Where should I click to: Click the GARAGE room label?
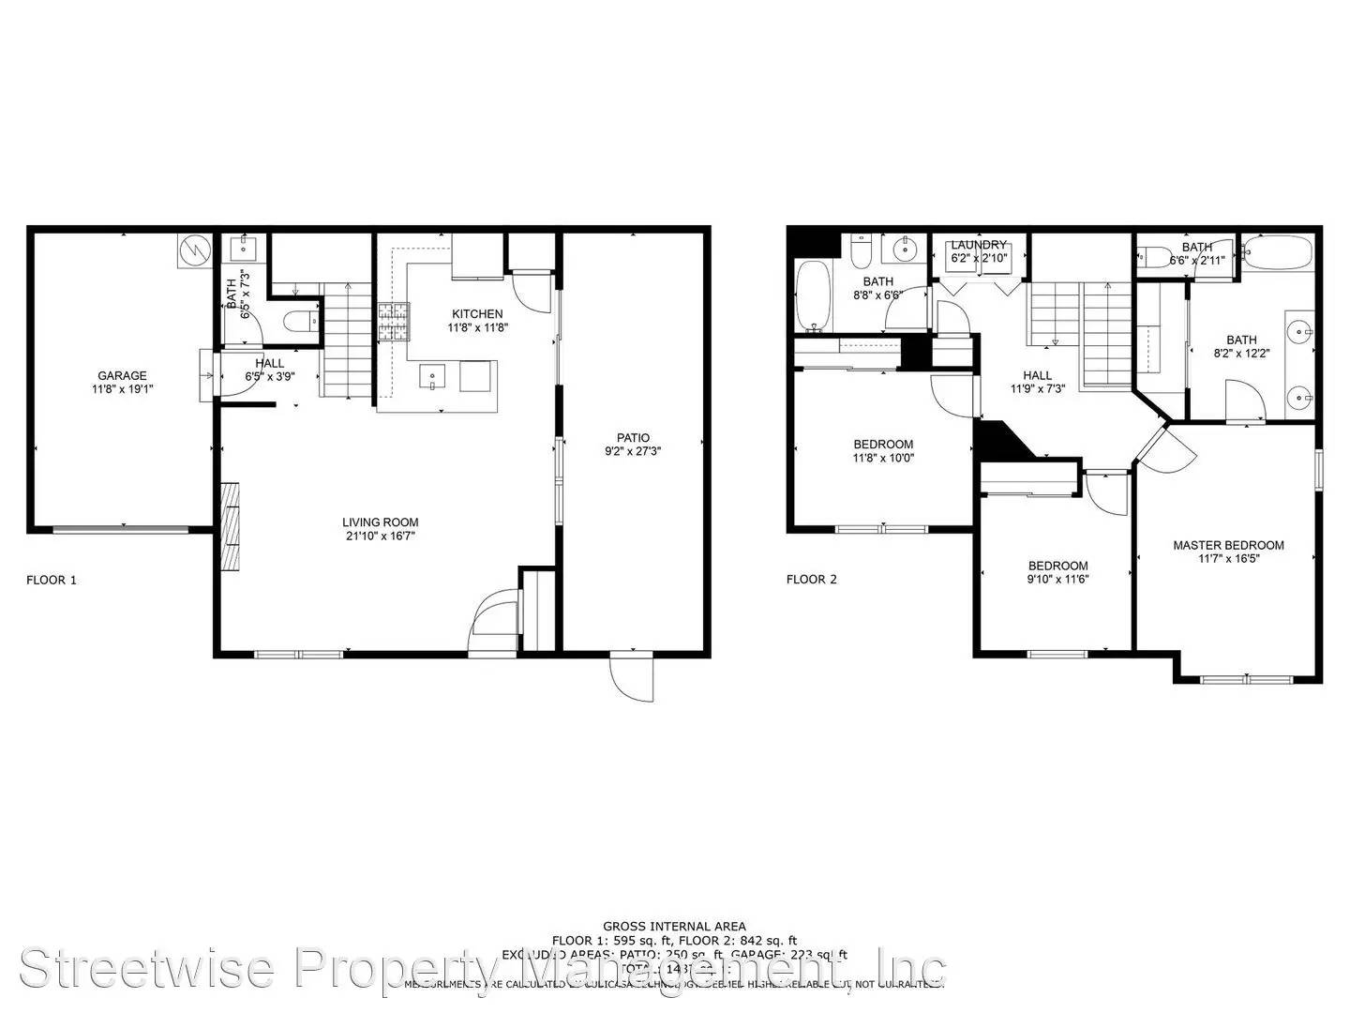coord(123,375)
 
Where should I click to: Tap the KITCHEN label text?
coord(477,314)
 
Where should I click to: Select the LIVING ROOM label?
coord(380,522)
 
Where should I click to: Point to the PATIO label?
coord(633,437)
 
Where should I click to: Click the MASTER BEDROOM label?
coord(1228,545)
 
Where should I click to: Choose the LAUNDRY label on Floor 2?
coord(979,245)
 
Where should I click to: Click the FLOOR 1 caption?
coord(52,580)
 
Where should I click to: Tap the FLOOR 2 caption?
coord(812,579)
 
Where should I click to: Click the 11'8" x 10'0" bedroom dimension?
coord(883,459)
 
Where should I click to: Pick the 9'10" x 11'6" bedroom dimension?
coord(1057,579)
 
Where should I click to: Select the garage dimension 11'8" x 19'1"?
coord(123,389)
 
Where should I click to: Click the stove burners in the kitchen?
coord(394,321)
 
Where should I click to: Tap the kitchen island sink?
coord(432,376)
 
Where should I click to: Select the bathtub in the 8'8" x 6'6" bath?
coord(813,295)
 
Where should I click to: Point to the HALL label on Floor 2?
coord(1037,375)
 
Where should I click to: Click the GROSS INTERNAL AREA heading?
coord(674,927)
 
